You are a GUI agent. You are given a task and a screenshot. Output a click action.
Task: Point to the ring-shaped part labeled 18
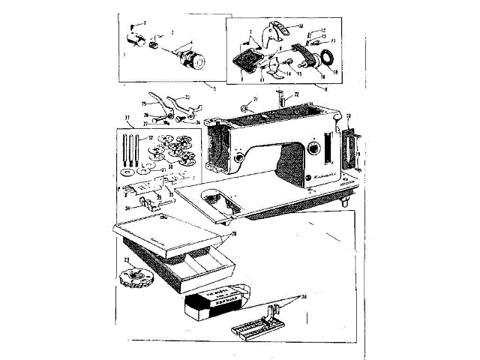pyautogui.click(x=328, y=59)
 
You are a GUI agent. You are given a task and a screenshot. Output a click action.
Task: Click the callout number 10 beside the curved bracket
pyautogui.click(x=301, y=26)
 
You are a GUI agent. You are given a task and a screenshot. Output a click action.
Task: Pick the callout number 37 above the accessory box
pyautogui.click(x=127, y=118)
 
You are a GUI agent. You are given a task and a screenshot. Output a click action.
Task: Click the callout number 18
pyautogui.click(x=335, y=73)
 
